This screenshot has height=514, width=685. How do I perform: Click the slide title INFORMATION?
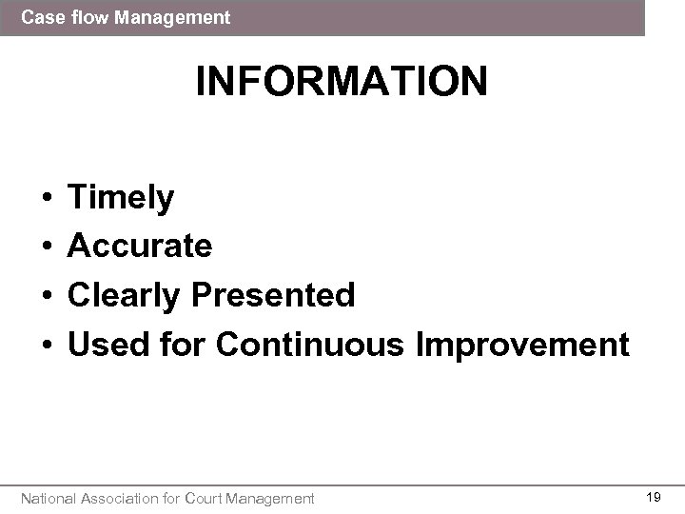pos(342,82)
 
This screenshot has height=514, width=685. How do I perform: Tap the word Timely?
pos(121,198)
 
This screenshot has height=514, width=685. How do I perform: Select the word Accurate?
pos(140,247)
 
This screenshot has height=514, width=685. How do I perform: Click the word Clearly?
pos(126,295)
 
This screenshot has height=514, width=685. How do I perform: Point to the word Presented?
pos(273,295)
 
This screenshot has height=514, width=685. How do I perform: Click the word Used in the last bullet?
pos(104,344)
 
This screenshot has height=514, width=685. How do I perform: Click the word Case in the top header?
pos(40,17)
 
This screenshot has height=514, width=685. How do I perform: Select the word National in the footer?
pos(49,497)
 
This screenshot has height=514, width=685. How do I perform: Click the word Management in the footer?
pos(273,497)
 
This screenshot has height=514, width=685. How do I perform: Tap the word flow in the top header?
pos(84,17)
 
